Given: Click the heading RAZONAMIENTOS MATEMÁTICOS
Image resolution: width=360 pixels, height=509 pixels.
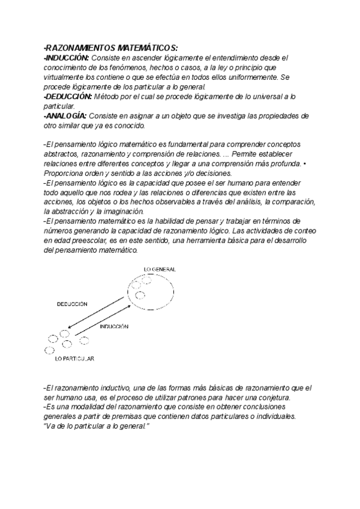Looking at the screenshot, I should coord(110,47).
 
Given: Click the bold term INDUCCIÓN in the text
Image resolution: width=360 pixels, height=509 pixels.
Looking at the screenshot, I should coord(67,58).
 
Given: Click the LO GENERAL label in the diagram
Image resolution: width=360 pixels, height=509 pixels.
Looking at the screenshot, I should coord(160,270).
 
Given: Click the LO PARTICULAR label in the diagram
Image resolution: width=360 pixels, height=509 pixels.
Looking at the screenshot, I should coord(74,358).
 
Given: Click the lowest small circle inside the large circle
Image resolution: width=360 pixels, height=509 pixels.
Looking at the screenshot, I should coord(140,295).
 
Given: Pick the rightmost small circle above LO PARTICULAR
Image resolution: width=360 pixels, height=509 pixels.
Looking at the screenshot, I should coord(84,340).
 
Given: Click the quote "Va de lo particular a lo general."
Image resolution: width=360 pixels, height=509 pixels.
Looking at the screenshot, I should coord(96,426).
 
